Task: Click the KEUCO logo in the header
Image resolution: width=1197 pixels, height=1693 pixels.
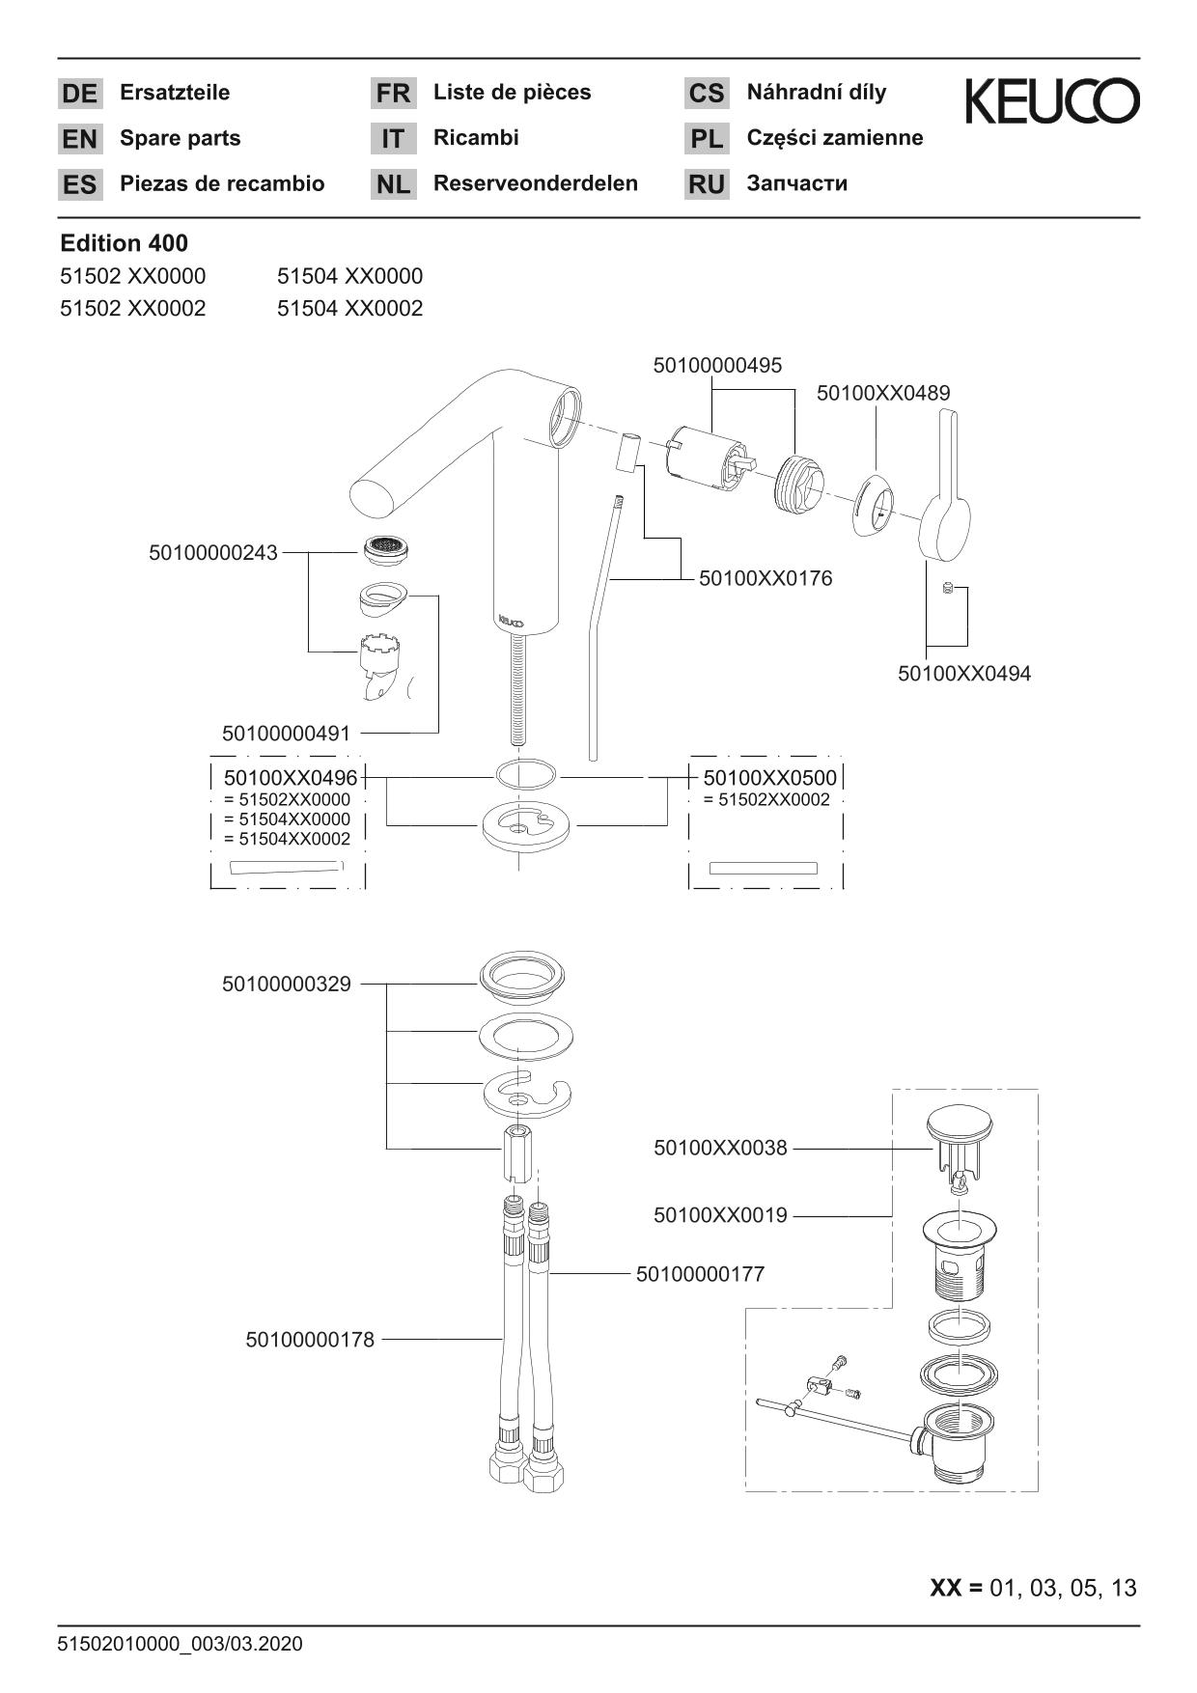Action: coord(1051,101)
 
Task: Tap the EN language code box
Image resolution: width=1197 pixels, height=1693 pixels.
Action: coord(79,139)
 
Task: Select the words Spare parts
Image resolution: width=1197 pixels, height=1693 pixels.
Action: coord(180,138)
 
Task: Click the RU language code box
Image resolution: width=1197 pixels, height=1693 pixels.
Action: coord(707,184)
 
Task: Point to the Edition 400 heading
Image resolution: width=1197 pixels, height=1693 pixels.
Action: coord(124,243)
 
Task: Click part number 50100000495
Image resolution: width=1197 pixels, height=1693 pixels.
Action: coord(717,366)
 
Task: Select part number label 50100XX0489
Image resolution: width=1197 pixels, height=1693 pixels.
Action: coord(882,393)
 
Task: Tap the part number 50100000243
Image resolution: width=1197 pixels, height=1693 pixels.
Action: coord(212,553)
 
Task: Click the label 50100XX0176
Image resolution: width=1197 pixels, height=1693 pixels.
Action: coord(765,578)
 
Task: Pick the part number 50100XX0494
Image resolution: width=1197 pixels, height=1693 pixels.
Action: coord(963,674)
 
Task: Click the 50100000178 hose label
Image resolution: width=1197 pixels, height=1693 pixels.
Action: coord(310,1340)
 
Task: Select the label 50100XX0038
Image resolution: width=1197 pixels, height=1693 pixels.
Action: coord(720,1148)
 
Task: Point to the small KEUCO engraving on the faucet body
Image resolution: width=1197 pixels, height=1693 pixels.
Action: coord(511,622)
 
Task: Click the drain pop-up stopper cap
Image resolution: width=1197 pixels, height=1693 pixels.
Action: coord(959,1124)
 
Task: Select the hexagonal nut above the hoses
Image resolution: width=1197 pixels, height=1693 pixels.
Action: coord(518,1154)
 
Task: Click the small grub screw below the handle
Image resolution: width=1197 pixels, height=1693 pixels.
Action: coord(947,588)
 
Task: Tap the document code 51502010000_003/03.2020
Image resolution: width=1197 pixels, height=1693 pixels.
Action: coord(181,1644)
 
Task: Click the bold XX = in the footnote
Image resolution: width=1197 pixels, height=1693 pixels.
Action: coord(955,1587)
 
